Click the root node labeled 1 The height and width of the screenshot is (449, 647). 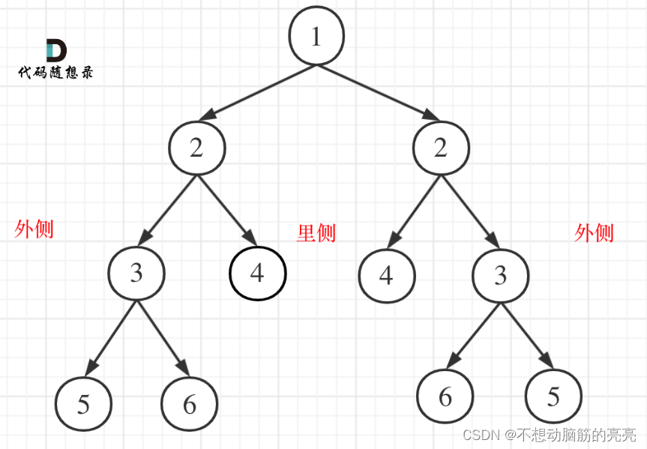[316, 37]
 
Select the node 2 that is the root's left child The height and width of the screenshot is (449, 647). [197, 148]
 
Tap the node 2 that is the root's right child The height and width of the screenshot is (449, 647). [441, 148]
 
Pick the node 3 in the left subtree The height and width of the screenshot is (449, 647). [136, 273]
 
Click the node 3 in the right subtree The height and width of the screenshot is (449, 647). [500, 275]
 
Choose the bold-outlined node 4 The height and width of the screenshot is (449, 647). [257, 273]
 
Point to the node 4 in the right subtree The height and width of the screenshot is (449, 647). [386, 275]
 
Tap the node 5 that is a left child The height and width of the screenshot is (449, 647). [83, 404]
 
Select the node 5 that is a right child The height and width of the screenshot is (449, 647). [553, 397]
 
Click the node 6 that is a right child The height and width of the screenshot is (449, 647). [189, 404]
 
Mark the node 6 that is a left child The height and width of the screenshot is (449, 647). [445, 397]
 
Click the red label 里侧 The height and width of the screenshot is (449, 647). [316, 233]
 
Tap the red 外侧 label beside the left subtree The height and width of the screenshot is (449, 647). [34, 229]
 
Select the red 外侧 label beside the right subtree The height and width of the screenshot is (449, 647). [594, 233]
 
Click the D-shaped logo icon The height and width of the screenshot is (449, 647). [56, 50]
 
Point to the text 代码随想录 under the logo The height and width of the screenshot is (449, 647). [56, 73]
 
